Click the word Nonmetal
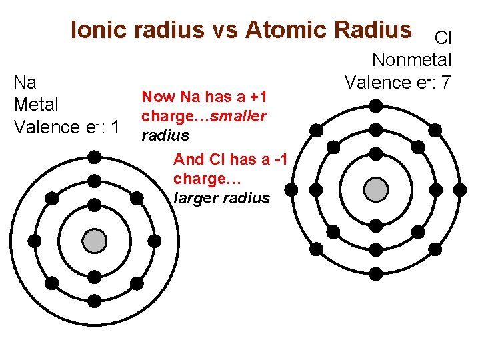click(411, 60)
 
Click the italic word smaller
click(239, 116)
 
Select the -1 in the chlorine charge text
click(281, 159)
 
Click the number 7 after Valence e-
click(446, 82)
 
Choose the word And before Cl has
click(189, 159)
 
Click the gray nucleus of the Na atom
click(95, 241)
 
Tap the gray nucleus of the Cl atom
click(376, 189)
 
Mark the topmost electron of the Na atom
click(95, 157)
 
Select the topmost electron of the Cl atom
click(376, 105)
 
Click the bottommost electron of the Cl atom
click(376, 273)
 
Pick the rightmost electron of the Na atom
click(154, 241)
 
